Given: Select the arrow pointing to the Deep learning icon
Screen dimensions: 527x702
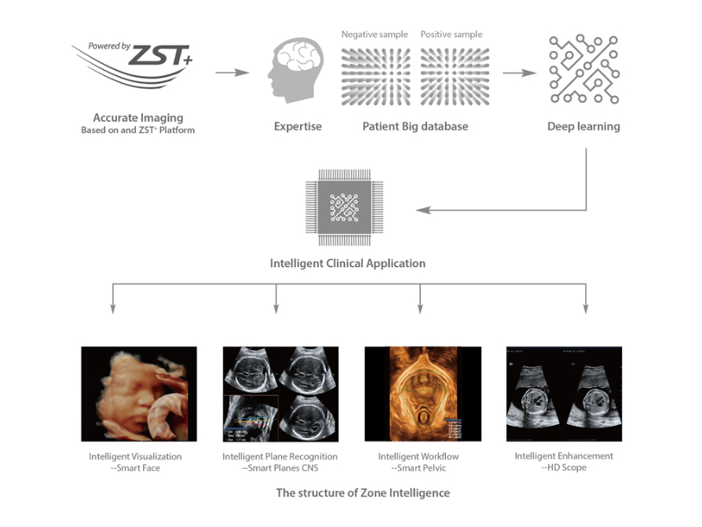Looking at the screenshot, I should tap(519, 73).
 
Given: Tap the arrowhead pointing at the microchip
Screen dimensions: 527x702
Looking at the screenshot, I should tap(422, 210).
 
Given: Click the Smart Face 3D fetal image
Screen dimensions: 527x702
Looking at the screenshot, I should tap(139, 394).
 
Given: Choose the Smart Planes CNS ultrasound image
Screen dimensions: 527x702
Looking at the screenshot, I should tap(280, 394).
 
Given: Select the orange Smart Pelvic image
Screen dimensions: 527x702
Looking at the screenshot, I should tap(422, 394).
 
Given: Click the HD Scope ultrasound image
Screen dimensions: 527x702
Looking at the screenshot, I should tap(564, 394).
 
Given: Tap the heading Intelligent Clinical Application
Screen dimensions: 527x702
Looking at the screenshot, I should tap(347, 263).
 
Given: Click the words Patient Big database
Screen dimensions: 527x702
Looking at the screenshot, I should tap(415, 126).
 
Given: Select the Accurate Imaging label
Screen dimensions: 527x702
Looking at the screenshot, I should tap(138, 118).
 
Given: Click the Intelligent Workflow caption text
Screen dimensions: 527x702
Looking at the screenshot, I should tap(419, 456).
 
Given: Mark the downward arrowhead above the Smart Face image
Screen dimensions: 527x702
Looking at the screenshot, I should tap(115, 309).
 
